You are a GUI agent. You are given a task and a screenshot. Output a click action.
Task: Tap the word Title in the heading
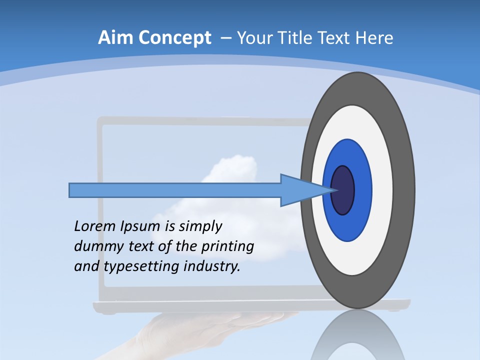(298, 38)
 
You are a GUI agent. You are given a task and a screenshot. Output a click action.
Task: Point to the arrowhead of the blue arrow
(305, 190)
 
